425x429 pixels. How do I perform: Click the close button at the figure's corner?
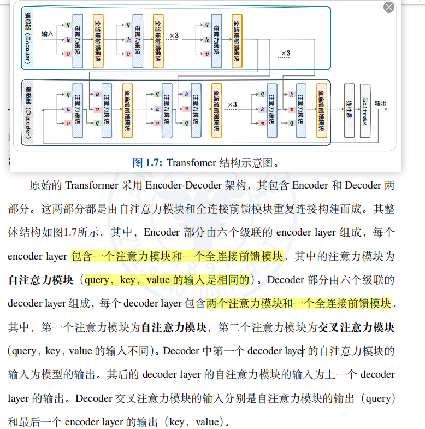point(388,7)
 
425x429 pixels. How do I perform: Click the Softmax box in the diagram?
point(365,110)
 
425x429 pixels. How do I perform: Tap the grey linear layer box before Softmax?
point(349,110)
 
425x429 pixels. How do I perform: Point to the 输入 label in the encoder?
point(47,34)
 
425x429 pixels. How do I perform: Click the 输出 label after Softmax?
point(380,103)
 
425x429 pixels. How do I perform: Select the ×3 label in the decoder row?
point(232,104)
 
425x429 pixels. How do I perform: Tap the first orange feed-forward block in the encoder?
point(98,40)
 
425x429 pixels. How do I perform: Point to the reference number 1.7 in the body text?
point(71,232)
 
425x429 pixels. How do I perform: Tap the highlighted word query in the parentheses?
point(97,280)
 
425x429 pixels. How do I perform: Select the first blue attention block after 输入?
point(77,40)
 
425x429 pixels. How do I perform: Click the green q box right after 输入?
point(68,25)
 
